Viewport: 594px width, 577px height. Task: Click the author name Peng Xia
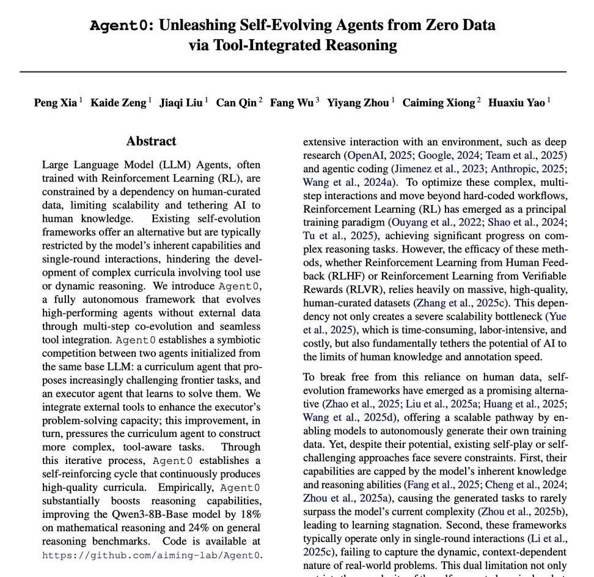pos(56,103)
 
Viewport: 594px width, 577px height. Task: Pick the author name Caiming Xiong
pos(438,103)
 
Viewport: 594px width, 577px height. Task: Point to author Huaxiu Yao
pos(517,103)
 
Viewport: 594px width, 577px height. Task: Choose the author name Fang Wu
pos(291,103)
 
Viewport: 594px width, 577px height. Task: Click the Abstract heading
pos(151,141)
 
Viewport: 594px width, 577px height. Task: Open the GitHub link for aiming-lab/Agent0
pos(152,556)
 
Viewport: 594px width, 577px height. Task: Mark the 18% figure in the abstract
pos(250,515)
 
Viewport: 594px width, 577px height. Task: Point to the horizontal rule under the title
pos(293,72)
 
